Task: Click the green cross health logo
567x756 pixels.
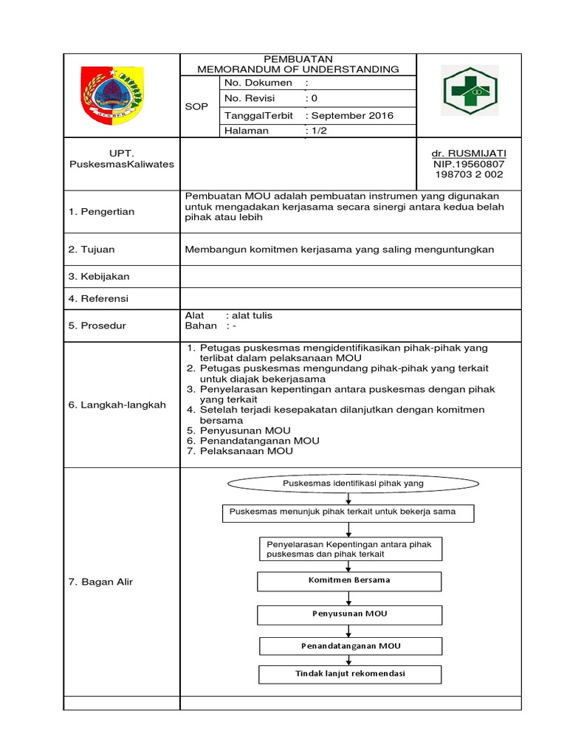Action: pyautogui.click(x=470, y=92)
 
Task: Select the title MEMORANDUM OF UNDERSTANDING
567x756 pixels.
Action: pyautogui.click(x=298, y=69)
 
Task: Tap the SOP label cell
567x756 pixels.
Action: pyautogui.click(x=196, y=107)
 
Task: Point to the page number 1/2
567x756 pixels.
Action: pyautogui.click(x=319, y=131)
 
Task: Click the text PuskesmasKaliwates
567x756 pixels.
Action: pyautogui.click(x=121, y=164)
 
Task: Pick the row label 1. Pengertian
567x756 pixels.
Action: pyautogui.click(x=102, y=212)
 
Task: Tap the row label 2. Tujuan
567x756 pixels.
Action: pyautogui.click(x=92, y=250)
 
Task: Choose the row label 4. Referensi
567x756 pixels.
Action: pyautogui.click(x=98, y=298)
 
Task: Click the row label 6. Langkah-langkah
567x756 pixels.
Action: pyautogui.click(x=117, y=405)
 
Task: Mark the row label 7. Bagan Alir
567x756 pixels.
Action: pyautogui.click(x=100, y=582)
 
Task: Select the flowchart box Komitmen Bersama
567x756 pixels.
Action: pyautogui.click(x=349, y=580)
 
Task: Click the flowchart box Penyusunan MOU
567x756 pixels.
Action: pyautogui.click(x=349, y=614)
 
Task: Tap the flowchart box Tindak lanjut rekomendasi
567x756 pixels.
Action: pyautogui.click(x=350, y=674)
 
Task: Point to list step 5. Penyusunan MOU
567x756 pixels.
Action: pyautogui.click(x=238, y=430)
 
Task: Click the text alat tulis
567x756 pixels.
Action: pyautogui.click(x=252, y=315)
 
